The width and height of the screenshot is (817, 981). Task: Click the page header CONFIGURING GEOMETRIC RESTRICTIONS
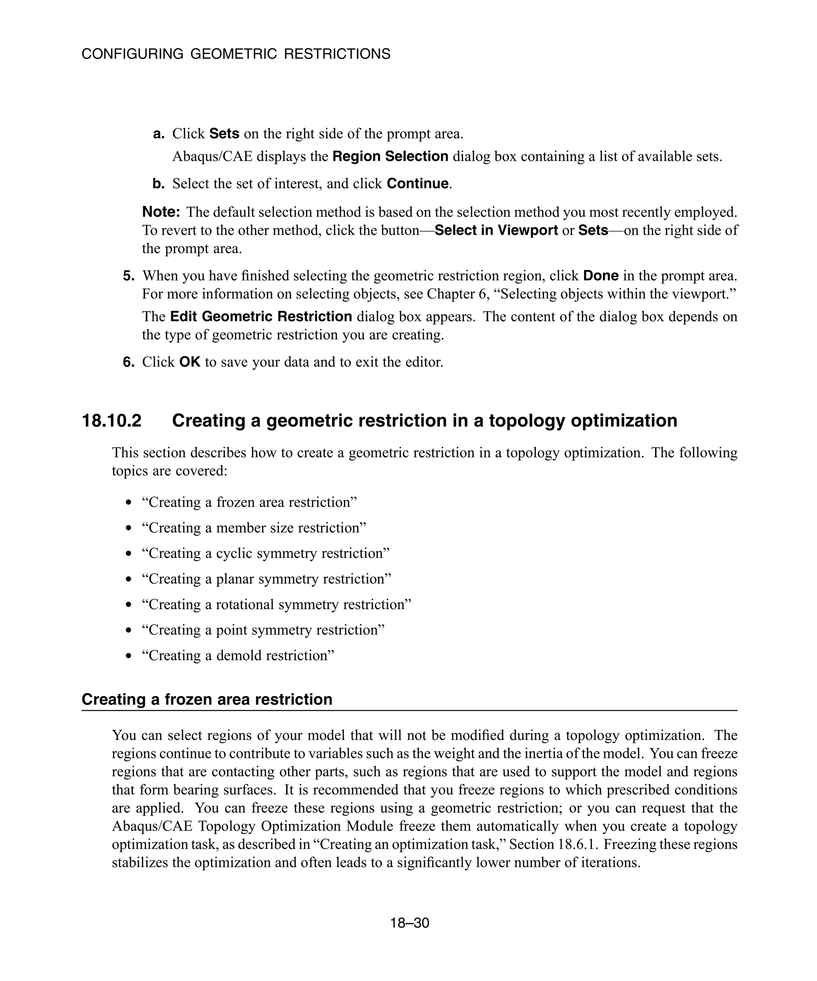click(x=236, y=54)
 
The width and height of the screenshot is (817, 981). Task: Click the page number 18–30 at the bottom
click(x=409, y=923)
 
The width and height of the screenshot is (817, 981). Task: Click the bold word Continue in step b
click(x=417, y=184)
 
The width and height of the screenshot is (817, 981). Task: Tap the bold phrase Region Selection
click(x=390, y=156)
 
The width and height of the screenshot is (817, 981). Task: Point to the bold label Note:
click(x=161, y=212)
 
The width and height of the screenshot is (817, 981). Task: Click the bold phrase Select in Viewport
click(x=496, y=230)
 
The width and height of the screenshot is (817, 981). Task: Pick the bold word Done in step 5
click(x=600, y=276)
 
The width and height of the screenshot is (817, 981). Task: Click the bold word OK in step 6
click(x=189, y=362)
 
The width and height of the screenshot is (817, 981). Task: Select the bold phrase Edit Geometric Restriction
click(x=260, y=317)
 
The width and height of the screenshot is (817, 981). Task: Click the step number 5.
click(x=128, y=276)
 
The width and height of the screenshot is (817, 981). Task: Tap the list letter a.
click(x=159, y=134)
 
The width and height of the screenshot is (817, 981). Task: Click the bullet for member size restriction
click(x=129, y=528)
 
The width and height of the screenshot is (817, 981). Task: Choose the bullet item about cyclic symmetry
click(x=265, y=554)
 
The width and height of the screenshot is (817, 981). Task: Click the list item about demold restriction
click(x=238, y=656)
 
